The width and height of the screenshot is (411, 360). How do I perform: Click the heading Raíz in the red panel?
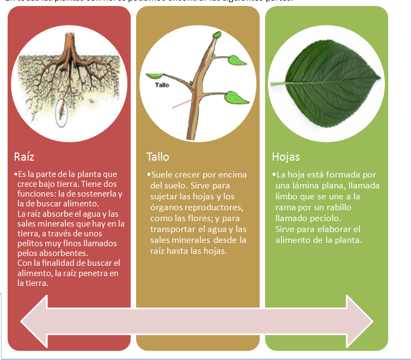(24, 157)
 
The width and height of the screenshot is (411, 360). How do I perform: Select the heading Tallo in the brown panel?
(157, 157)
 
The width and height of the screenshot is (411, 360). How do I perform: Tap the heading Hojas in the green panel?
(286, 157)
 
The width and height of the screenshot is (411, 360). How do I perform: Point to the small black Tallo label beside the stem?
(162, 86)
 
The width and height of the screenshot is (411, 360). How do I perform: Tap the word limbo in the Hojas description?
(287, 196)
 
